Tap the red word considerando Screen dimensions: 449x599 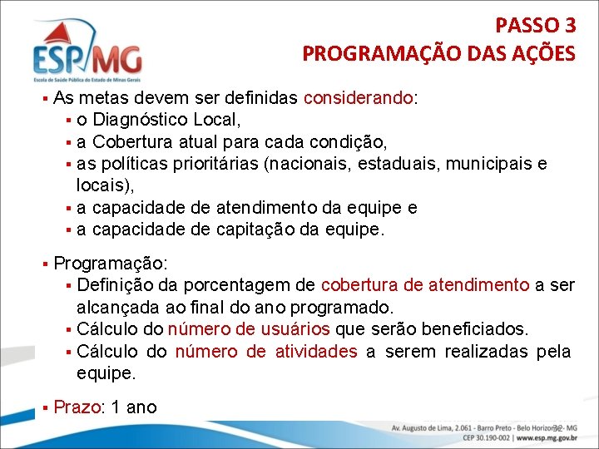tap(359, 98)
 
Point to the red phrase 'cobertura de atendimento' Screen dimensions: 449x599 tap(425, 285)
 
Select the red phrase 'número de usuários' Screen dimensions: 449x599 tap(249, 329)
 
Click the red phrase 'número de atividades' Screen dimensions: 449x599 tap(266, 351)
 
